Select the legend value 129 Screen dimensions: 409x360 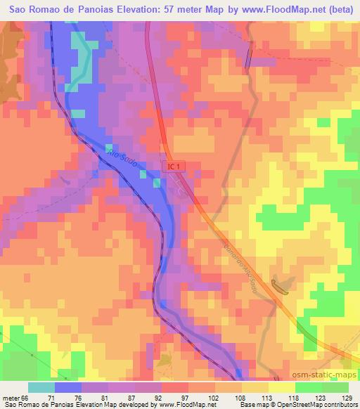[x=345, y=397]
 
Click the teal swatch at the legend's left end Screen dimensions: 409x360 [x=41, y=387]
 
